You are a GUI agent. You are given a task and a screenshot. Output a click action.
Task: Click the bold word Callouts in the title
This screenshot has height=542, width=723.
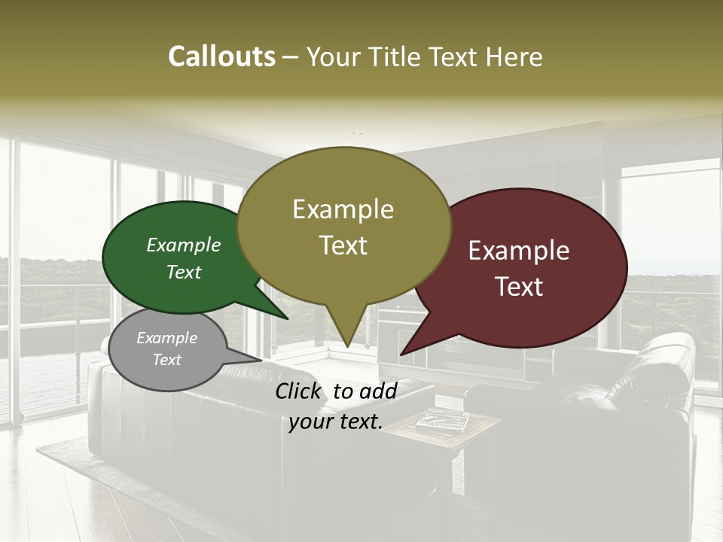pos(222,56)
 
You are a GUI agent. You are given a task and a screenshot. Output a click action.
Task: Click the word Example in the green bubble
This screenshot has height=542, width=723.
pos(184,245)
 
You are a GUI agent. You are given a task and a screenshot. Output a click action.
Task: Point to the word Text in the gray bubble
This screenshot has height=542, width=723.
pos(167,360)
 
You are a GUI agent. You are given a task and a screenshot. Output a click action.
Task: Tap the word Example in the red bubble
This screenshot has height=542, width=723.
pos(519,251)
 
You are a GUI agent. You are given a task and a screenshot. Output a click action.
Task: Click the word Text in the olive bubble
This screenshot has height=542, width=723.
pos(343,245)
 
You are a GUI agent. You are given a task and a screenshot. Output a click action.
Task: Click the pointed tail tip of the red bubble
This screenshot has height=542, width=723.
pos(401,354)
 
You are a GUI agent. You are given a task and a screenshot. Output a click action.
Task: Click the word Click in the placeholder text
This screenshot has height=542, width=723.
pos(300,391)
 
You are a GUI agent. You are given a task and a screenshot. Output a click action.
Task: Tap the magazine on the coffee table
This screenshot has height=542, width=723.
pos(442,421)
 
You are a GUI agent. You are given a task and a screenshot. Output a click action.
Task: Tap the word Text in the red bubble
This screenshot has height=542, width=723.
pos(519,287)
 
